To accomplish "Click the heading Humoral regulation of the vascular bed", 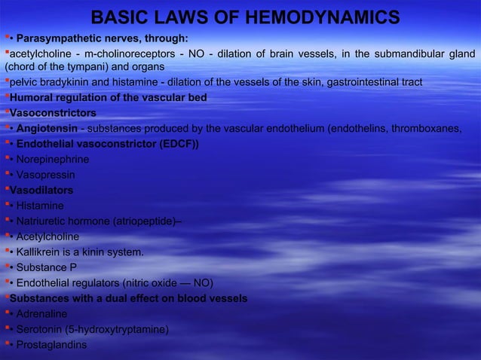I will tap(109, 98).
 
